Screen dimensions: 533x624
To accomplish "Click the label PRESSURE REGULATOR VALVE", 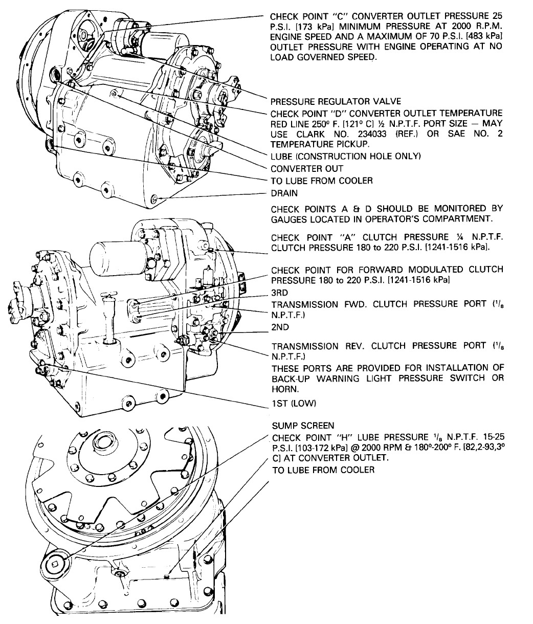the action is pos(336,101).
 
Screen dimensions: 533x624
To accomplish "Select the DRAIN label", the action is pos(284,193).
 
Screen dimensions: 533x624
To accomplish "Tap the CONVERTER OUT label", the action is pos(307,168).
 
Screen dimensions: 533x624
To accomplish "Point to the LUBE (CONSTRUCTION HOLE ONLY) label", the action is pos(345,157).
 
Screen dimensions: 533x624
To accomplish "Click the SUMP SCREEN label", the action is pos(303,426).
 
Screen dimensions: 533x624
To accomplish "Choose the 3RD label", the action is pos(280,293).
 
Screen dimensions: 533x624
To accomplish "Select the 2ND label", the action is pos(280,327).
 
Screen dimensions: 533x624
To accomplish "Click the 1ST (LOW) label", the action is pos(294,404).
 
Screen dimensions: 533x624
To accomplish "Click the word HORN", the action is pos(285,389).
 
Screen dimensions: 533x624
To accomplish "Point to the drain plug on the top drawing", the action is pos(154,198).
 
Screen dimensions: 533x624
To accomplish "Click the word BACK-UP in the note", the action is pos(292,378).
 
